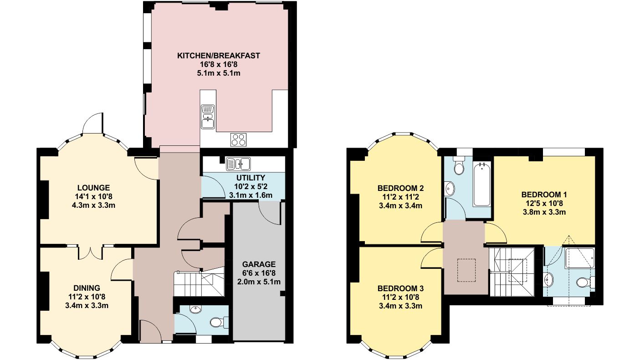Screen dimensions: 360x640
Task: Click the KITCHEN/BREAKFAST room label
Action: click(x=218, y=56)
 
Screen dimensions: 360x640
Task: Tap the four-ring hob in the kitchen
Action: click(x=238, y=139)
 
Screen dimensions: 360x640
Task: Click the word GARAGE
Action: click(x=259, y=264)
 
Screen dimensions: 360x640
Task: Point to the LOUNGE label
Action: click(x=93, y=187)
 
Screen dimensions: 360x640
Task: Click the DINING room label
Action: click(x=87, y=288)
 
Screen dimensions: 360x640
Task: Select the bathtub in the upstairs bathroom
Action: click(x=482, y=188)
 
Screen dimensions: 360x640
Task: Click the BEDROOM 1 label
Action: click(x=544, y=195)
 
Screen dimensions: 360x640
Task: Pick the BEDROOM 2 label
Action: click(x=400, y=188)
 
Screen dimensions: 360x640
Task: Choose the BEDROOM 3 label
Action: click(x=400, y=288)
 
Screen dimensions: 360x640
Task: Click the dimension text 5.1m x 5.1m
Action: click(x=218, y=73)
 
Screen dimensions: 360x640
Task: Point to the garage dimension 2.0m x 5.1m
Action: click(x=259, y=281)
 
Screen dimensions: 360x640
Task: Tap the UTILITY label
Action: click(x=251, y=177)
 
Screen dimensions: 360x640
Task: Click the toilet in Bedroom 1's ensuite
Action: click(x=583, y=283)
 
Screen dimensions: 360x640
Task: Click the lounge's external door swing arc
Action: click(x=93, y=122)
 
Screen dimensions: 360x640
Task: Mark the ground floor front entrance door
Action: click(x=150, y=331)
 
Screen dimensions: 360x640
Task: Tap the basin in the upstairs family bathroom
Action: click(x=450, y=187)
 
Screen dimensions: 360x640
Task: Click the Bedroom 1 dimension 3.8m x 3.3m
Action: click(x=544, y=212)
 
